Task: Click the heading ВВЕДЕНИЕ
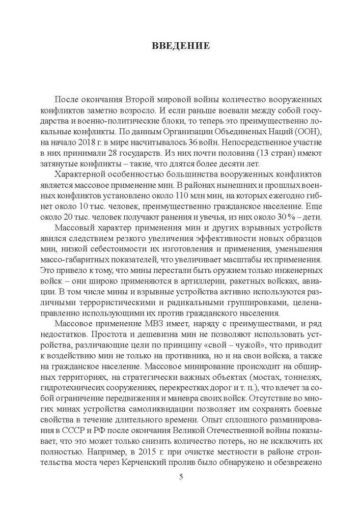click(x=181, y=46)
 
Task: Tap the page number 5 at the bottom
click(x=181, y=476)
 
